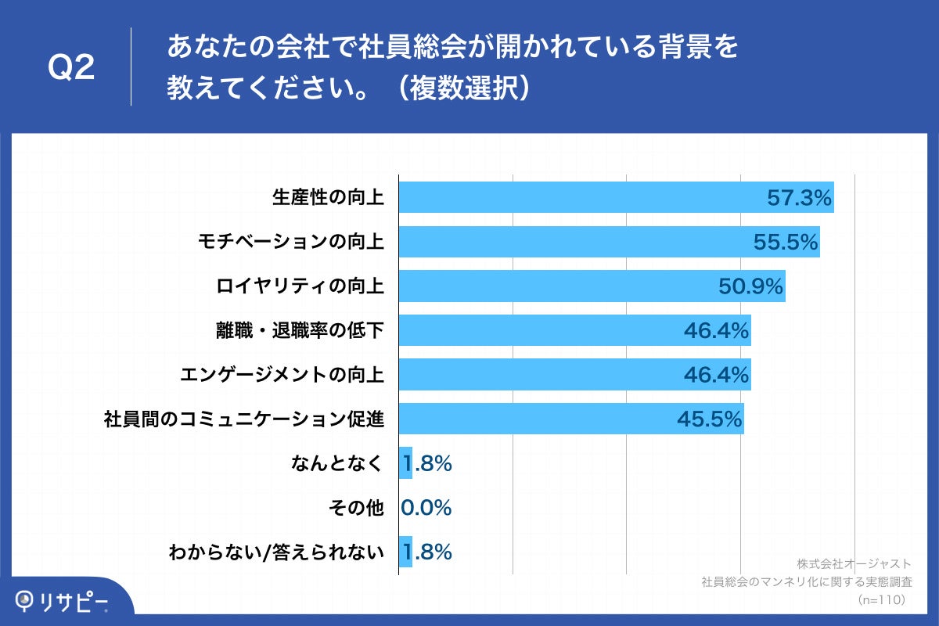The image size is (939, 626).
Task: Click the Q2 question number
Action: click(x=71, y=69)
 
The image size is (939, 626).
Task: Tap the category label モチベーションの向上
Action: click(x=290, y=242)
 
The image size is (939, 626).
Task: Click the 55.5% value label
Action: click(x=785, y=243)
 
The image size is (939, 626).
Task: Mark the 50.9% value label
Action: click(x=750, y=287)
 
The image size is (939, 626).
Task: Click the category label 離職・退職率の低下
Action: click(x=300, y=331)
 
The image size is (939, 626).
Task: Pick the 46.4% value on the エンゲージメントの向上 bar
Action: click(x=716, y=376)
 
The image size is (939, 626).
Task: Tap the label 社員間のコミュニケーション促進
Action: click(x=244, y=419)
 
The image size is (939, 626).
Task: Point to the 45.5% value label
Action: click(x=709, y=420)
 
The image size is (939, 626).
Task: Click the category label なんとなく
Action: click(x=337, y=464)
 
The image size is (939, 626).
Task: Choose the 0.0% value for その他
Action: click(x=426, y=509)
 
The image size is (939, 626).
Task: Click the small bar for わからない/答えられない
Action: click(x=405, y=552)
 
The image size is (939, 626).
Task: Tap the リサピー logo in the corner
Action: click(x=61, y=601)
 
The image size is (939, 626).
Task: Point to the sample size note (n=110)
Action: click(x=881, y=599)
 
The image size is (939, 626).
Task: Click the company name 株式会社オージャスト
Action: click(x=854, y=563)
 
